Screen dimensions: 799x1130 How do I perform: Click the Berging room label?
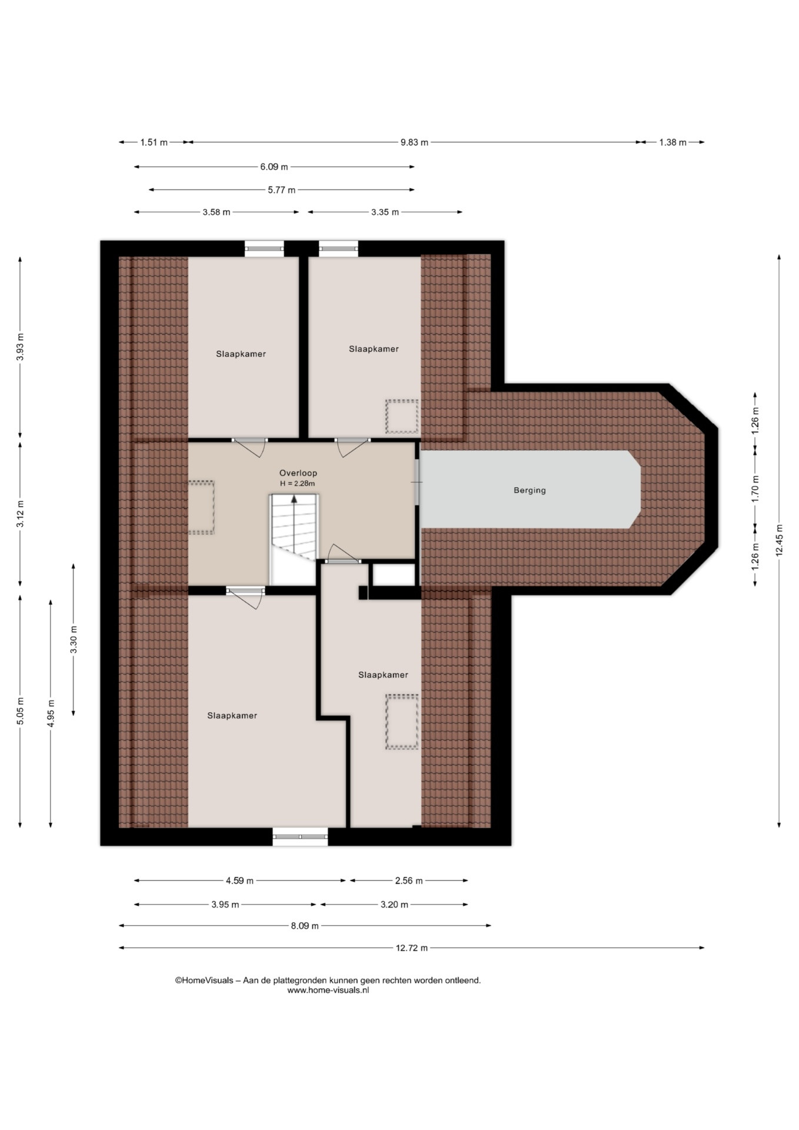pos(530,490)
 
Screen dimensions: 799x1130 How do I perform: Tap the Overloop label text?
pos(298,473)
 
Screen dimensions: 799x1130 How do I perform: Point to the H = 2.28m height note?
pos(298,484)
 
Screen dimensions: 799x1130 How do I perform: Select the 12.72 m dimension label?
pos(412,948)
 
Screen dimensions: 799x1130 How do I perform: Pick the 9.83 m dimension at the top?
pos(414,142)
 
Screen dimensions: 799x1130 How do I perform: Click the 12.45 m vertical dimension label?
pos(779,540)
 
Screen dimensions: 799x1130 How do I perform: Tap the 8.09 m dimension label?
pos(305,926)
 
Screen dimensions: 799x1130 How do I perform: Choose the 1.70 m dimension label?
pos(755,488)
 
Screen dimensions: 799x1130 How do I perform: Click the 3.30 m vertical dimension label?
pos(74,640)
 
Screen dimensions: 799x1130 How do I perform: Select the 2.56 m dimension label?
pos(409,881)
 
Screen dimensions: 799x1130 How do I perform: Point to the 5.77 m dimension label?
pos(282,190)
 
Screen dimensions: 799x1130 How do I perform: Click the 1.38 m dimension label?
pos(673,142)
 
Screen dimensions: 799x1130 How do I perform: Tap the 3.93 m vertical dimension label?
pos(20,347)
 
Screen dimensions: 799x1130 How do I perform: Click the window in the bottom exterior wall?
pos(300,837)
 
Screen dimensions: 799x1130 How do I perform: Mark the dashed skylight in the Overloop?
pos(201,507)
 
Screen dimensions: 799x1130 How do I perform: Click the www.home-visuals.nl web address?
pos(328,990)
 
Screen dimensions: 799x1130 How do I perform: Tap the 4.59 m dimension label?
pos(239,881)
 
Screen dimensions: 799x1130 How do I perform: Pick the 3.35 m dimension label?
pos(385,212)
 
